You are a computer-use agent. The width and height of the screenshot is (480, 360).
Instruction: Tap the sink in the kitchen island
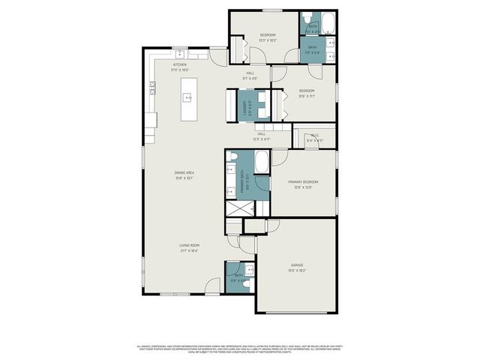187,97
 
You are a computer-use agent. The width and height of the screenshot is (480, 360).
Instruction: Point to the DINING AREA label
184,175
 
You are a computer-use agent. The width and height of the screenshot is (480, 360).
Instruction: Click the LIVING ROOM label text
188,247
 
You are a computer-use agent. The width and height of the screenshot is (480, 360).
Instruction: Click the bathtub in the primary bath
262,162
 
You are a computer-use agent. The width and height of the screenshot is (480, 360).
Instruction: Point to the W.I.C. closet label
315,138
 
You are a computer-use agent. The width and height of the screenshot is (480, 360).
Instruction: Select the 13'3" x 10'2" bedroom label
268,37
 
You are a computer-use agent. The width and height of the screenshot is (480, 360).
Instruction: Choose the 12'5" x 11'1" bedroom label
306,93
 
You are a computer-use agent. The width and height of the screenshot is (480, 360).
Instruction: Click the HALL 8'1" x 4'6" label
250,75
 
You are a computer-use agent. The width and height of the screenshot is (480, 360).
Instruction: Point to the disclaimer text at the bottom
240,348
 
